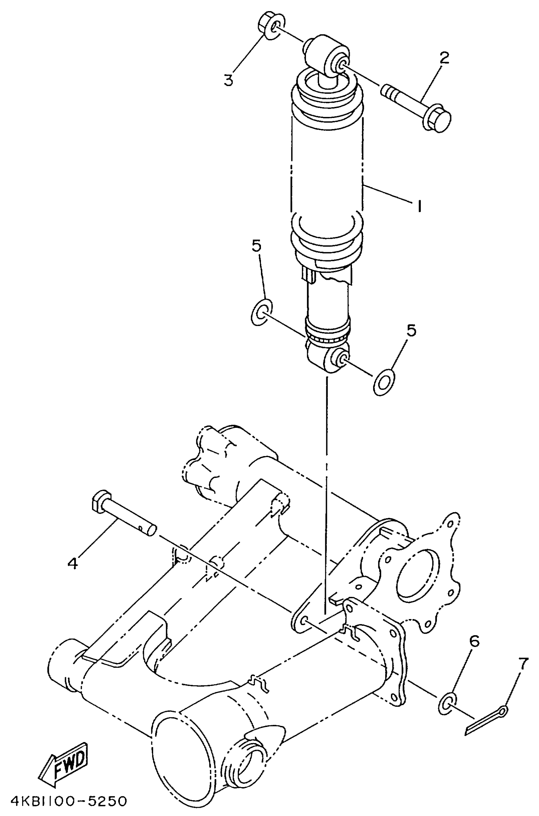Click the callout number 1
tap(419, 206)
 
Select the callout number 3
tap(229, 80)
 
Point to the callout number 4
tap(73, 563)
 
